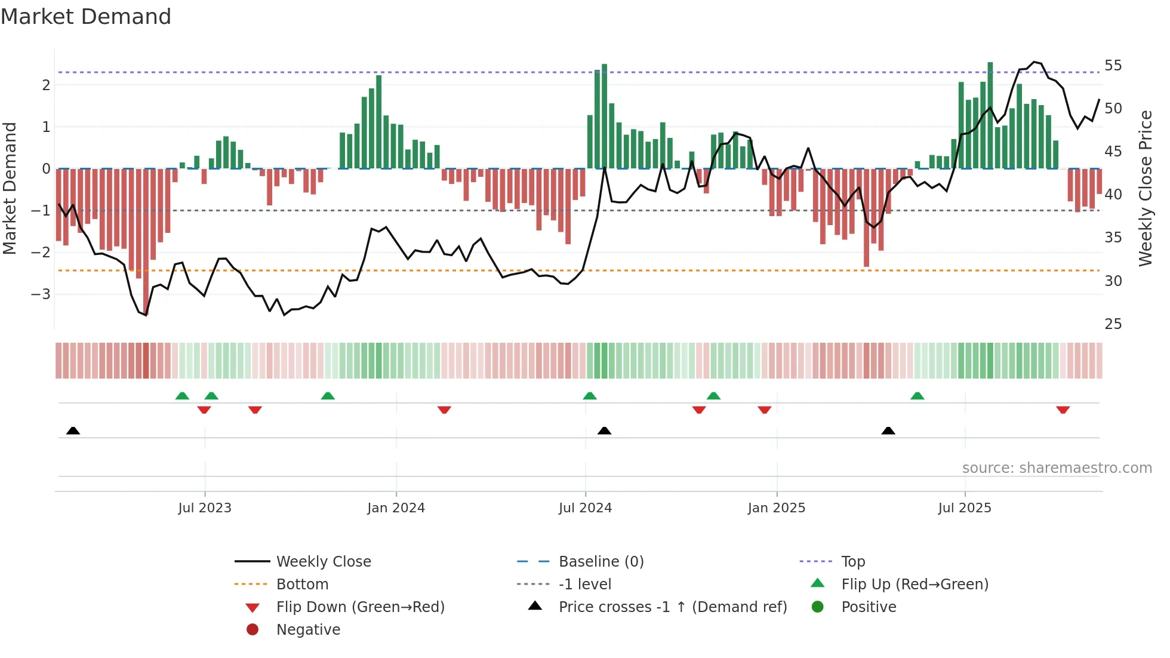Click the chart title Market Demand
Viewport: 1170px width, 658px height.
pos(86,17)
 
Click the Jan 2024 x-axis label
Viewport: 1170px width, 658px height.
pos(396,508)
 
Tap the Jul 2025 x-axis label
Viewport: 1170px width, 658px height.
pos(964,508)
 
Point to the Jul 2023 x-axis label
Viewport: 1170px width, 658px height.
pos(205,508)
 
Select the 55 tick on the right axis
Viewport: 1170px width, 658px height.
pos(1113,66)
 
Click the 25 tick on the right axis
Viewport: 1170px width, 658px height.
pos(1113,324)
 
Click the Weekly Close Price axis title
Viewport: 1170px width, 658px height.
pos(1145,188)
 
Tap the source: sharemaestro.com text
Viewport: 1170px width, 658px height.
pos(1057,468)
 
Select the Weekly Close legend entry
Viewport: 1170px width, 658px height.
pos(323,562)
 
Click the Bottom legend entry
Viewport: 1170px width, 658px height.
pos(302,585)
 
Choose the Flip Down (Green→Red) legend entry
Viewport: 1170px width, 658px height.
pos(360,607)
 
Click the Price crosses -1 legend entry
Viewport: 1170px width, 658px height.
pos(672,607)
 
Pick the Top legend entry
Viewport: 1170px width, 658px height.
pos(852,562)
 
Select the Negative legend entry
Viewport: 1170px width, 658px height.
pos(308,630)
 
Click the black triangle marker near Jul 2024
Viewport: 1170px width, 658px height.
pos(604,431)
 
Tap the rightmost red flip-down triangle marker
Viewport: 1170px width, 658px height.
pos(1063,410)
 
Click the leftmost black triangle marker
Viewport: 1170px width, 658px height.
pos(73,431)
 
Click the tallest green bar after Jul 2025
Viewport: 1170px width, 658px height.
pos(990,115)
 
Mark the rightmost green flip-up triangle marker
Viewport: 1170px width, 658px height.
pos(917,396)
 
